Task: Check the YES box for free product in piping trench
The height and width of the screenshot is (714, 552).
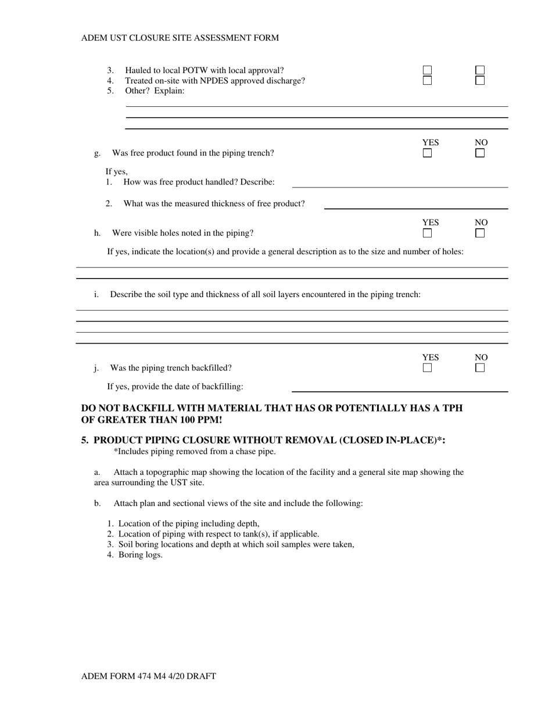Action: (427, 153)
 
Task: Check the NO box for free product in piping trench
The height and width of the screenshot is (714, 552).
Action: (480, 153)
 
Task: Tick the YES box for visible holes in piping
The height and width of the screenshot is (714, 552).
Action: (427, 233)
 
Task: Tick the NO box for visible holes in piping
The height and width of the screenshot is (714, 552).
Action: (480, 233)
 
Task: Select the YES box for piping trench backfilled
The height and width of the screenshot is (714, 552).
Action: (427, 368)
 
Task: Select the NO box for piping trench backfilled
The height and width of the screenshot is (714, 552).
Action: (480, 368)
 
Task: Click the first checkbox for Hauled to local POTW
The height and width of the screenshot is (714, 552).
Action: (427, 70)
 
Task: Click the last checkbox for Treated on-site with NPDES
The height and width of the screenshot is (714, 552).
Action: (480, 81)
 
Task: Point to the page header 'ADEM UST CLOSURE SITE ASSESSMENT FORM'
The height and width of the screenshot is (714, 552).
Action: (180, 38)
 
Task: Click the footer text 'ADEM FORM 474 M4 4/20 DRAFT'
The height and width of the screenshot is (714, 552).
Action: (149, 676)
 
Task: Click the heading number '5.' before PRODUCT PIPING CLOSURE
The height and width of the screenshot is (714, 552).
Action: (85, 441)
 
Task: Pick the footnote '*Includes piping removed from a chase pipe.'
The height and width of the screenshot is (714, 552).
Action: (195, 452)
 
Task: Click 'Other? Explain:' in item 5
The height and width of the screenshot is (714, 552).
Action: (155, 91)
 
